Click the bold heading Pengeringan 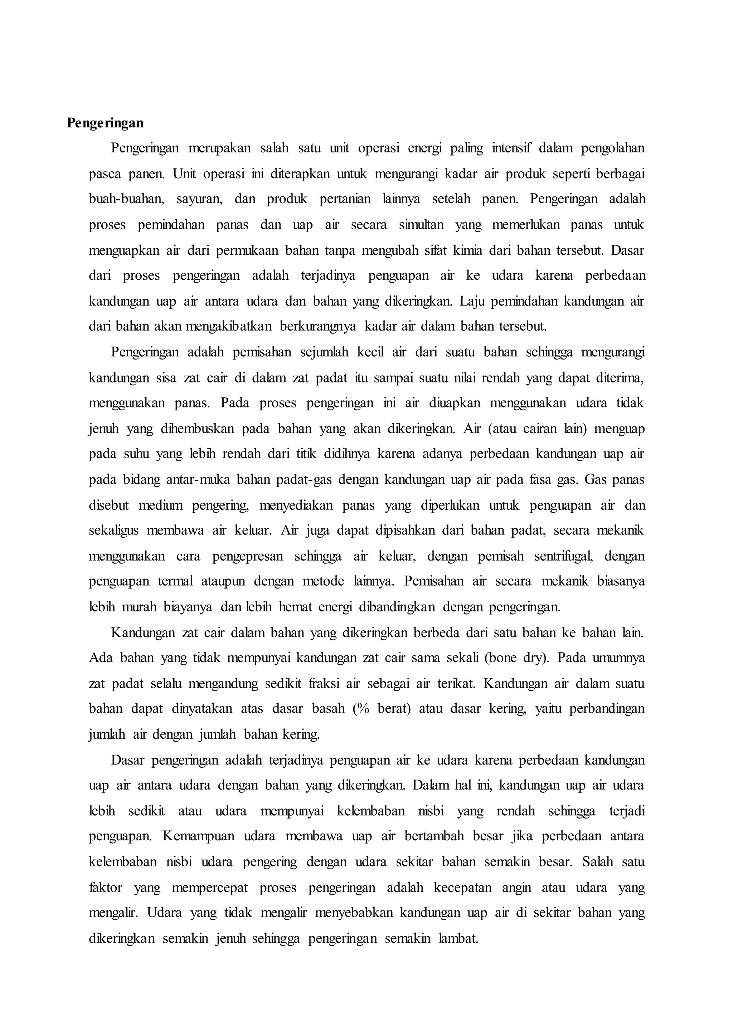tap(105, 123)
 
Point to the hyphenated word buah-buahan tap(126, 199)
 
